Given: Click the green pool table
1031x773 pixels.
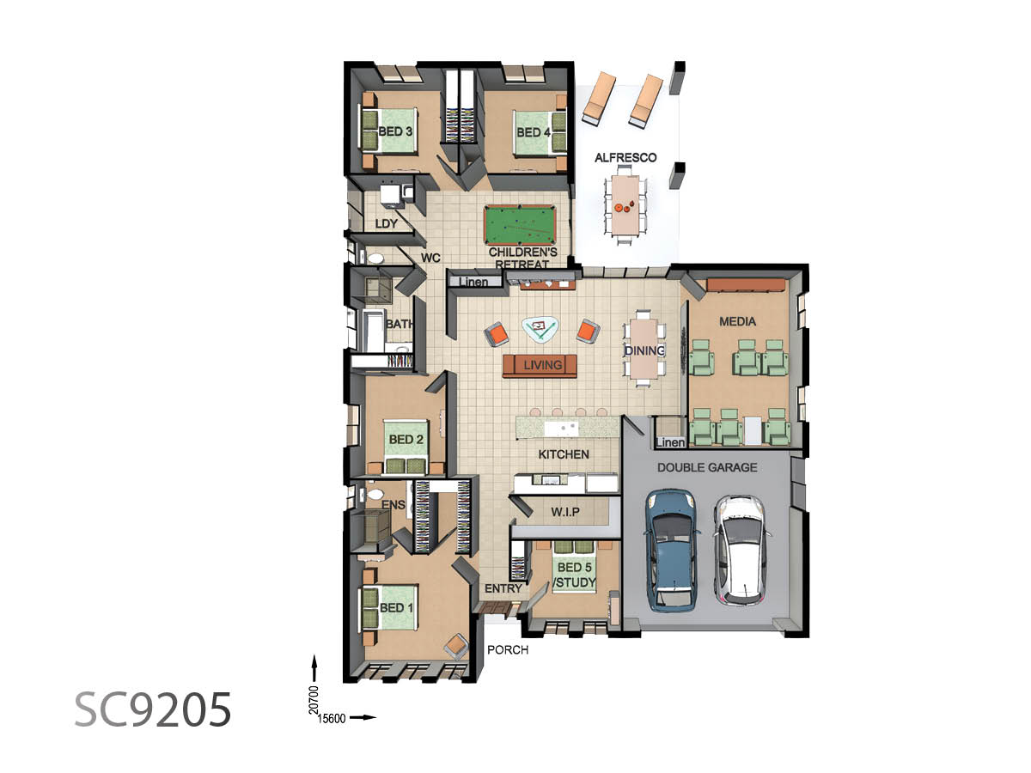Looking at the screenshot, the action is pos(520,225).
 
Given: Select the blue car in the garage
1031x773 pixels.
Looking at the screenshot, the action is pos(671,551).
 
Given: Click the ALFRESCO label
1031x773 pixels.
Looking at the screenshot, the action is pos(625,158).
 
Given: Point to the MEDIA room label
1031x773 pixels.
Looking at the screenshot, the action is pos(737,321).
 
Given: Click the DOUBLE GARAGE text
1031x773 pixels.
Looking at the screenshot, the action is pos(707,467).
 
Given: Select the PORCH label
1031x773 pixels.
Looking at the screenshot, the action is pos(508,649).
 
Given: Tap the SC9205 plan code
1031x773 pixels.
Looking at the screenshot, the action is pos(153,709).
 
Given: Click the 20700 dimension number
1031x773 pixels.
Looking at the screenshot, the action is pos(314,700).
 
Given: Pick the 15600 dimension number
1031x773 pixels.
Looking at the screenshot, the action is pos(332,719).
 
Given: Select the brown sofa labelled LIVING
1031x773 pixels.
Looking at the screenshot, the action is pos(540,366).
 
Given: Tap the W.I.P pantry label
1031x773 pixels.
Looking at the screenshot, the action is pos(565,512).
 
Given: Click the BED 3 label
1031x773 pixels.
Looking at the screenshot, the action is pos(395,131).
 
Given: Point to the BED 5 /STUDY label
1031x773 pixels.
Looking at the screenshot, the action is pos(575,575).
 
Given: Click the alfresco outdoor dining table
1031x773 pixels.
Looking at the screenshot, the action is pos(625,204).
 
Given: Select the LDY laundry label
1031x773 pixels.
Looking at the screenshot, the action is pos(386,224).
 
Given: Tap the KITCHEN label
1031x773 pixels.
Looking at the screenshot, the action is pos(564,454).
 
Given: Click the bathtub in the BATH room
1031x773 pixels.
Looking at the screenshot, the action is pos(374,329).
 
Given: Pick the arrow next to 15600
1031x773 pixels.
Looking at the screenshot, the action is pos(363,717).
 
